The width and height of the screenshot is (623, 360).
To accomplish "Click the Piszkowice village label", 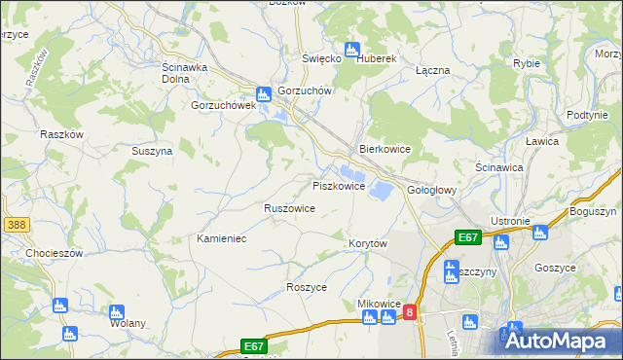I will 338,185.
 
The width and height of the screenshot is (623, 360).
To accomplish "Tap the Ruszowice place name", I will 289,208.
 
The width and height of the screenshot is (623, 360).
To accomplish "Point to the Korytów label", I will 368,243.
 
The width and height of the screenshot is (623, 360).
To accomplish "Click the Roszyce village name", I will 307,287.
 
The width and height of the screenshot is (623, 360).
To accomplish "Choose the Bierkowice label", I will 385,149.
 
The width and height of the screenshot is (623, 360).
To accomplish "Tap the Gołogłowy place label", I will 431,190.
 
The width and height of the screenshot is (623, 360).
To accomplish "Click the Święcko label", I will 321,58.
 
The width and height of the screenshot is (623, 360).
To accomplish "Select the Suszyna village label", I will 152,151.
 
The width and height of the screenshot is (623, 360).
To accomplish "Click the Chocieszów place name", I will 34,252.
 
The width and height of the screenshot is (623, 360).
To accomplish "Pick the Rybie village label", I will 526,63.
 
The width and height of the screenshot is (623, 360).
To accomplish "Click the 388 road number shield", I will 15,225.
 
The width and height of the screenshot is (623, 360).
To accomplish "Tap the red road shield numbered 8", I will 410,312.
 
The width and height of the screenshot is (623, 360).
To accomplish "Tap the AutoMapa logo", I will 560,341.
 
